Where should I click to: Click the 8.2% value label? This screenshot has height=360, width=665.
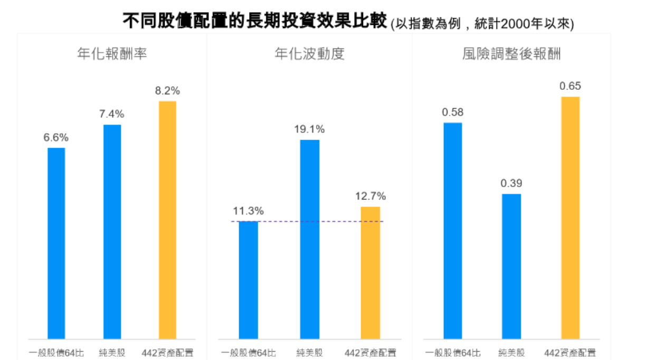167,91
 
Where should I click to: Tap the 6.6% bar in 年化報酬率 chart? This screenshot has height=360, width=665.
56,243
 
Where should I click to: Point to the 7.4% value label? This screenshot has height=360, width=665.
111,114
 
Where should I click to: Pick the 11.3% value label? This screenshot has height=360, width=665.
248,211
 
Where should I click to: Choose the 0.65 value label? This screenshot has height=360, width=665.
571,87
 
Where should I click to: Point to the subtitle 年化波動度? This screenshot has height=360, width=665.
310,54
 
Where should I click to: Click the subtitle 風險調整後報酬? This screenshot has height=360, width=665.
510,54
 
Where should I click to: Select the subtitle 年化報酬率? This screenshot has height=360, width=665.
111,54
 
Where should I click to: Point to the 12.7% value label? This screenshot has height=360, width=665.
370,196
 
